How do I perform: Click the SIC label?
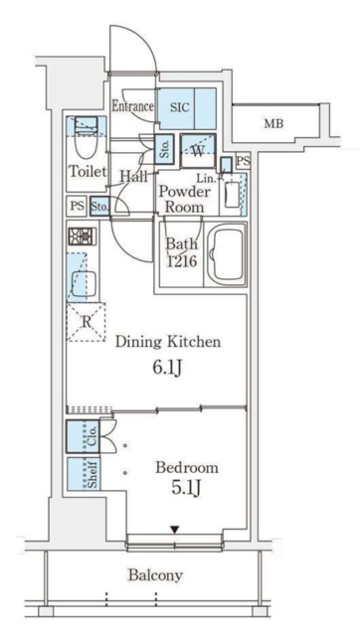[179, 108]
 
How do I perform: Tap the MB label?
[273, 123]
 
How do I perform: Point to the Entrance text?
[132, 106]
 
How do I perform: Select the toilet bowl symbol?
[86, 139]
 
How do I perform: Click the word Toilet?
[88, 171]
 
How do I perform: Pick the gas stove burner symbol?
[83, 237]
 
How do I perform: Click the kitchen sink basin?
[84, 283]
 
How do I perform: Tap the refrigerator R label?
[86, 323]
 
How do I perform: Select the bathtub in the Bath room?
[226, 255]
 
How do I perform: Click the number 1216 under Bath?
[183, 261]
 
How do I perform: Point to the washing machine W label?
[197, 151]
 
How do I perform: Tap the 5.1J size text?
[186, 489]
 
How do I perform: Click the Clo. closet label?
[92, 436]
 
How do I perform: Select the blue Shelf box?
[84, 474]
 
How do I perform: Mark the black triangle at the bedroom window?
[174, 530]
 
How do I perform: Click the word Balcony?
[155, 574]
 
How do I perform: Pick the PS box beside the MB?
[243, 161]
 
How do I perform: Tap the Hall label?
[133, 176]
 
